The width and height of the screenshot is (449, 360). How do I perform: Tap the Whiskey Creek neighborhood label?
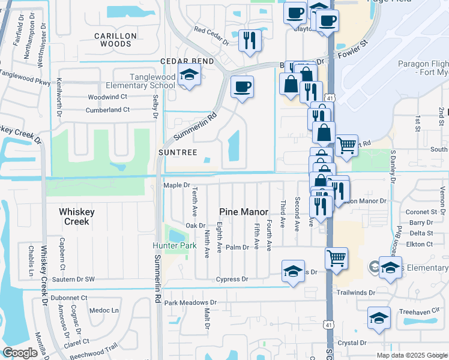pos(74,217)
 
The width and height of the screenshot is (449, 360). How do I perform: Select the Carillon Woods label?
pos(116,40)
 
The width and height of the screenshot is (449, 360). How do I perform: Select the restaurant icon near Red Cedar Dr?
pos(250,40)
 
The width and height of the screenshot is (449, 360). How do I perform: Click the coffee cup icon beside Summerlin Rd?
pos(242,86)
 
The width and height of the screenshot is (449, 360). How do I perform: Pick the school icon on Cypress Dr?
pos(293,271)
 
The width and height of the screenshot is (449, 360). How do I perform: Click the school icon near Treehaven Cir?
pos(379,318)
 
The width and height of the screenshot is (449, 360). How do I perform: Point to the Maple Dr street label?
pos(176,186)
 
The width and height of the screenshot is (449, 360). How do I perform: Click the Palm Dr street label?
pos(237,247)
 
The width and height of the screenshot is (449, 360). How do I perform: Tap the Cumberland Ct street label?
pos(107,110)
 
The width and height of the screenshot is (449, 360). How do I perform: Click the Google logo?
pos(20,353)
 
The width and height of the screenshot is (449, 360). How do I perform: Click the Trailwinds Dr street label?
pos(355,293)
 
